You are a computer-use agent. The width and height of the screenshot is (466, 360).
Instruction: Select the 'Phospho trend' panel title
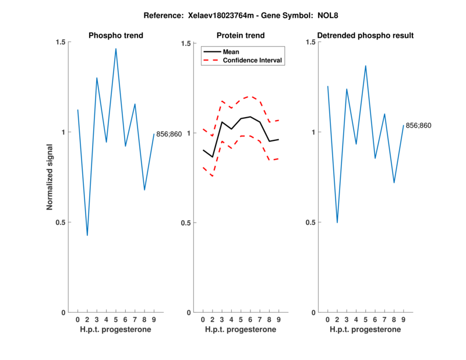point(116,36)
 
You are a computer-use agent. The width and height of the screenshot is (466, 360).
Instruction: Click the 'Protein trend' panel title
point(241,36)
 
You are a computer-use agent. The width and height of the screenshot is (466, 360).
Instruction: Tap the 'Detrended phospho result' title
point(365,36)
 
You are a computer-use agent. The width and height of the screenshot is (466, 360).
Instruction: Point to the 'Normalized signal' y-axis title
point(51,177)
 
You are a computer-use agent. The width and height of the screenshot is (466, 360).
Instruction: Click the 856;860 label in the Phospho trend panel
point(169,135)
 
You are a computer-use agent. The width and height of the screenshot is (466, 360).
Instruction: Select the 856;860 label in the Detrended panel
point(418,125)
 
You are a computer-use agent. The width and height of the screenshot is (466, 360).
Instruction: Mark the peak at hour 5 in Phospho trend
point(116,49)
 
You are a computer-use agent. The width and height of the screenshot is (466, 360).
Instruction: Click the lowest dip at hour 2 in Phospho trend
point(87,235)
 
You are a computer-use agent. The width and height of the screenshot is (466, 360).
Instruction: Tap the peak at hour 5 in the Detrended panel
point(365,66)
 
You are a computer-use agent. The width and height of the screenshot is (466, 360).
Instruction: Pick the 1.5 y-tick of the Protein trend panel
point(186,43)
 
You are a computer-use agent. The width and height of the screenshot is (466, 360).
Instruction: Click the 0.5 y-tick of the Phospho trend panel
point(62,223)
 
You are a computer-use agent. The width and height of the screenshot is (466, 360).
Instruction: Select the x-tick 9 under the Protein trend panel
point(278,320)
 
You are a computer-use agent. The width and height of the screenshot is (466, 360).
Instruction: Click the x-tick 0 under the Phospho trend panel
point(77,320)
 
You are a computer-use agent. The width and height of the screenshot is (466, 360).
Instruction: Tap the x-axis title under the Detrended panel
point(365,330)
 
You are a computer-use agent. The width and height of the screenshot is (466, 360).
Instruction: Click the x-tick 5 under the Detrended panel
point(365,320)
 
